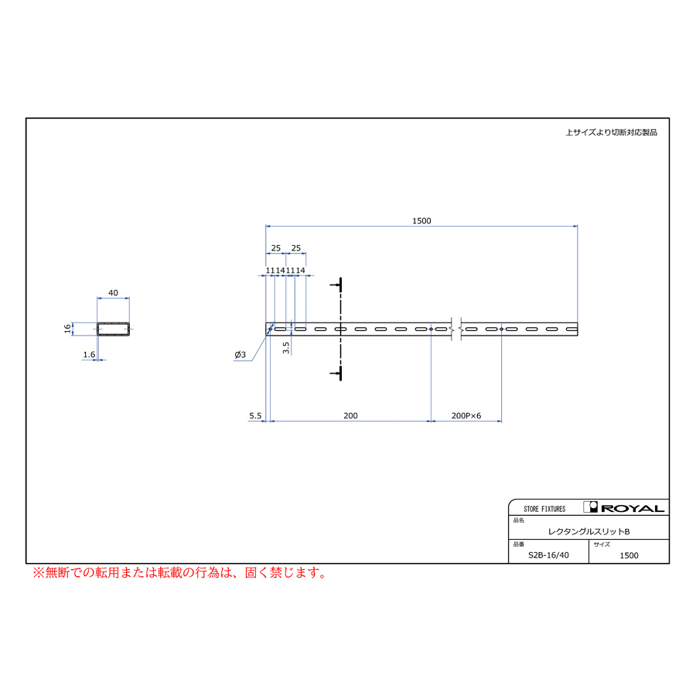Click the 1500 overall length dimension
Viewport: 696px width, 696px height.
pyautogui.click(x=421, y=220)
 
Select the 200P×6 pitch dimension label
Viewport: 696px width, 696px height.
pyautogui.click(x=466, y=415)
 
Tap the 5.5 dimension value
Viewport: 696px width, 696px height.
pyautogui.click(x=255, y=415)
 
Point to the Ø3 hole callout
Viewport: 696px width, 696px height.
pyautogui.click(x=241, y=354)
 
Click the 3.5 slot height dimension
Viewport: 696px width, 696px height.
pyautogui.click(x=286, y=347)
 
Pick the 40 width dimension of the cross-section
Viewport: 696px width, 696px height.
pyautogui.click(x=113, y=293)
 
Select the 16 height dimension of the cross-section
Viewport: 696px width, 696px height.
pyautogui.click(x=67, y=329)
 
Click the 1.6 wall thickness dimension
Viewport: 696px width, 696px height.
pyautogui.click(x=89, y=354)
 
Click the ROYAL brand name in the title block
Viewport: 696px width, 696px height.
pyautogui.click(x=633, y=508)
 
